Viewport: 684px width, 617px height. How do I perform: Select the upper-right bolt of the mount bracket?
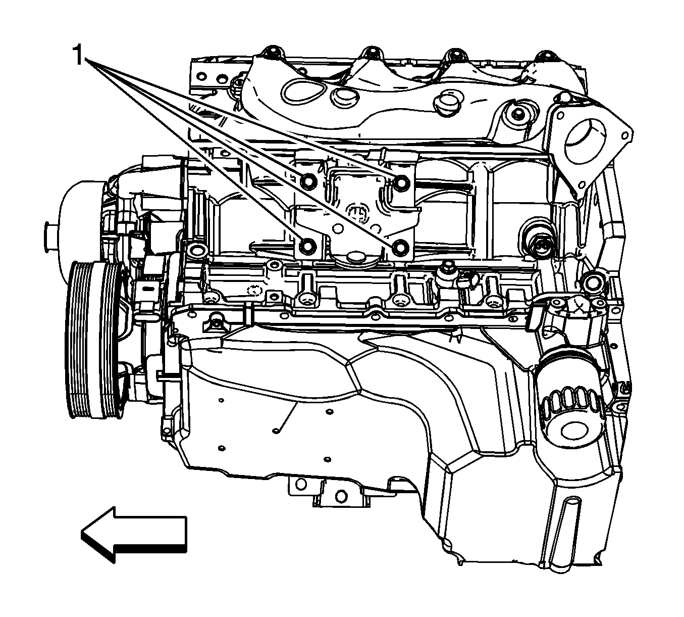point(401,182)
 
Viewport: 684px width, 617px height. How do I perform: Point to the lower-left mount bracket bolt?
point(307,246)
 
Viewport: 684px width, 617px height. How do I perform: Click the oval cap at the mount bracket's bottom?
point(354,258)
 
